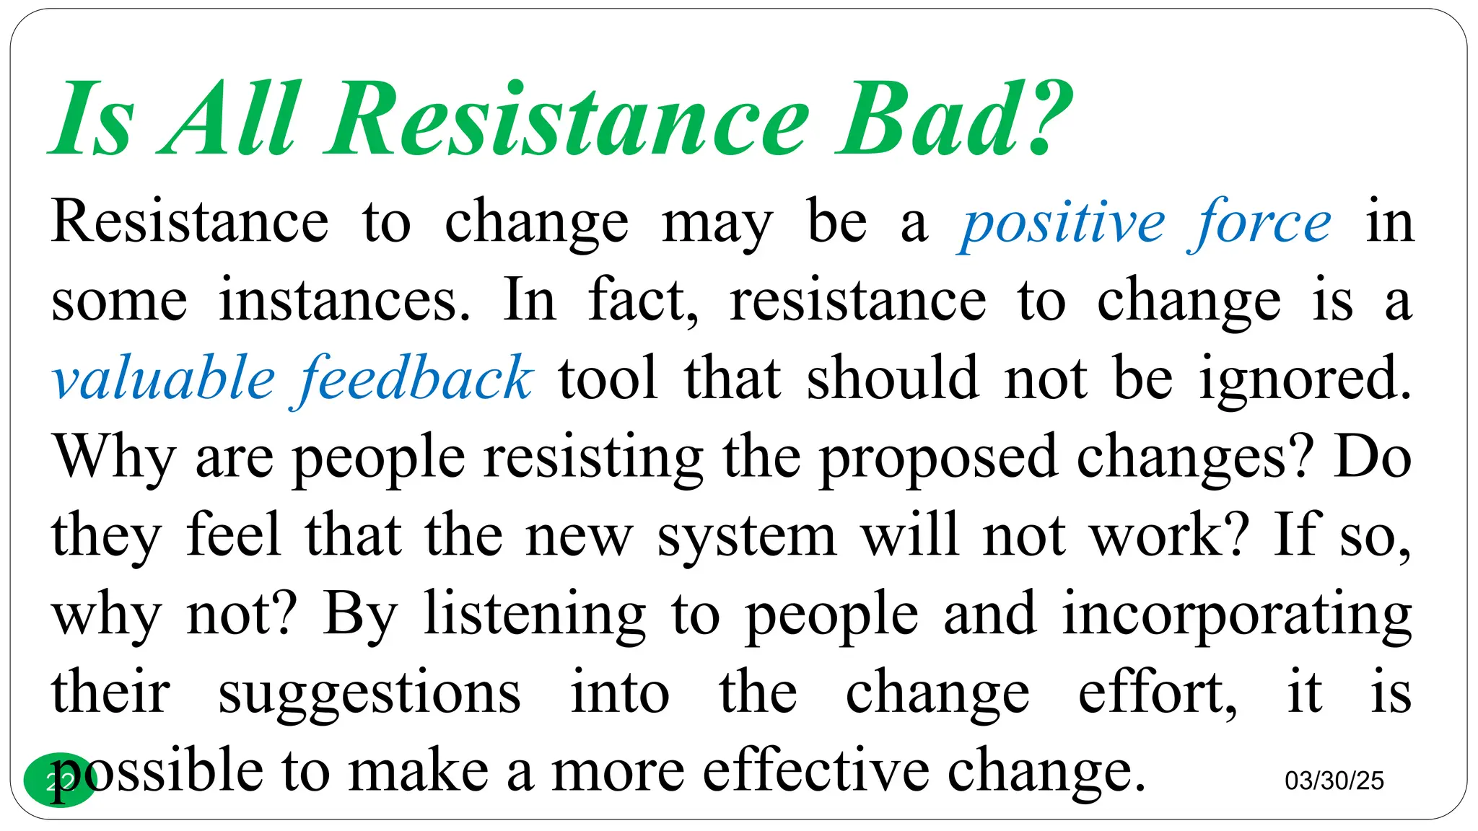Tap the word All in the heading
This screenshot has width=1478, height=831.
point(229,119)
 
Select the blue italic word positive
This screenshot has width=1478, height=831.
point(1062,224)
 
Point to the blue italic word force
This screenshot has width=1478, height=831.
point(1260,224)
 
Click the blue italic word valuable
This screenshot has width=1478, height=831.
point(163,379)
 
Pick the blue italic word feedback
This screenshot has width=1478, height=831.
point(416,379)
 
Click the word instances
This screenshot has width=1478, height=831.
point(344,301)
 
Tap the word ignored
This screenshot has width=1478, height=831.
point(1305,379)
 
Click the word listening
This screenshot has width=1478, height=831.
point(535,615)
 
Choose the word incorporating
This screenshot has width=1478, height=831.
point(1237,615)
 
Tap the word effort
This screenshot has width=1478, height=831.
point(1157,692)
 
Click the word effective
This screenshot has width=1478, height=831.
point(816,770)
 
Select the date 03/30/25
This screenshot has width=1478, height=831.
point(1334,781)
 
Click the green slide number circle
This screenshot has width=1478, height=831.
point(59,780)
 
